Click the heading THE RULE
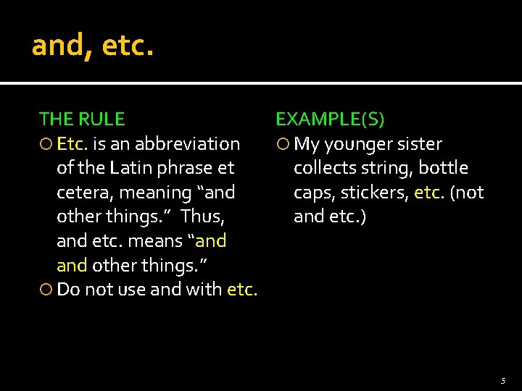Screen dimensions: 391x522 82,119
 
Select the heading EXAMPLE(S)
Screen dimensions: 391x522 330,119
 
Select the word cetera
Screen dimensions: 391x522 84,193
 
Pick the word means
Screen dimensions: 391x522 161,240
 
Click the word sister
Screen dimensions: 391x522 418,144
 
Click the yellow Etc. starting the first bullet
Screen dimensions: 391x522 72,144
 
